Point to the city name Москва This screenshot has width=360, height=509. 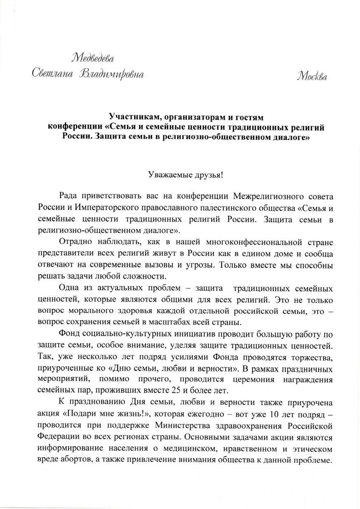[312, 76]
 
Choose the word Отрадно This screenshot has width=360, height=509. [76, 242]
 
